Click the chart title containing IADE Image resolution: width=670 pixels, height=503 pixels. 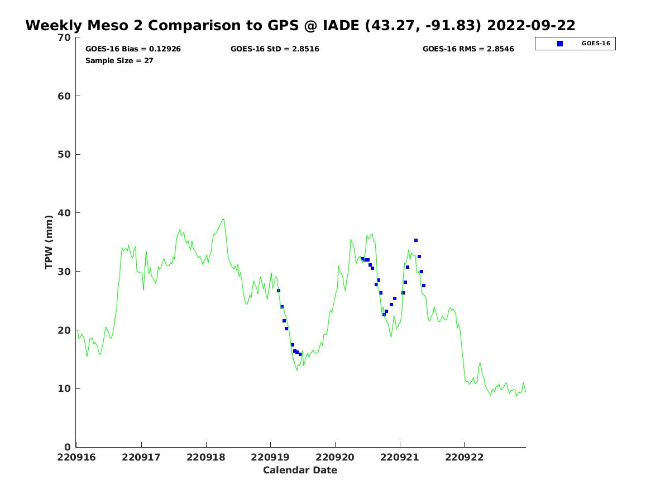(300, 26)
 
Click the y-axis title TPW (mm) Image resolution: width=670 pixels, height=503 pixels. (49, 242)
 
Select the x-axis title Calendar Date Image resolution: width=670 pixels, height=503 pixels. (300, 470)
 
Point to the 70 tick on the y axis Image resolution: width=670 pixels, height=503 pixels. (65, 37)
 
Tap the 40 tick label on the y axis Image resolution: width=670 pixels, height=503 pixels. (65, 213)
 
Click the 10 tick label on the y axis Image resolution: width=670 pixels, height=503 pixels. (65, 388)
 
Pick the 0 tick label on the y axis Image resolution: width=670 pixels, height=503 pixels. (68, 447)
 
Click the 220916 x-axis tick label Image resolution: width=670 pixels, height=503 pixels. (77, 457)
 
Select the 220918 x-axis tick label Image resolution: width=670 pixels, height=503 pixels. (206, 457)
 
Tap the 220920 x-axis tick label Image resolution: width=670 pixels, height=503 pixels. (335, 457)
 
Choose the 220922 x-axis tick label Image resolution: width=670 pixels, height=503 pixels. (464, 457)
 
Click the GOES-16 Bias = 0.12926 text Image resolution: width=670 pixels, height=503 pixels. (133, 49)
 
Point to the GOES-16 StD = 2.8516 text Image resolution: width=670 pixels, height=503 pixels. (275, 49)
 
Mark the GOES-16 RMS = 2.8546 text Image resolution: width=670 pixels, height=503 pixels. (468, 49)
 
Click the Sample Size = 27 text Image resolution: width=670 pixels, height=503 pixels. (119, 60)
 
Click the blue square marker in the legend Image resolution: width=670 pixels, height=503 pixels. (560, 44)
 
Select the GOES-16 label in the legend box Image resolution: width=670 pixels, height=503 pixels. (596, 44)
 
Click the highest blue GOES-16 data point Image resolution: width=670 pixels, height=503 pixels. (416, 240)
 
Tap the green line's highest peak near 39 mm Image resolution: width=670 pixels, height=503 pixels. (223, 219)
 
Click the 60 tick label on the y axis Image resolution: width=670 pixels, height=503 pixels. (65, 96)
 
